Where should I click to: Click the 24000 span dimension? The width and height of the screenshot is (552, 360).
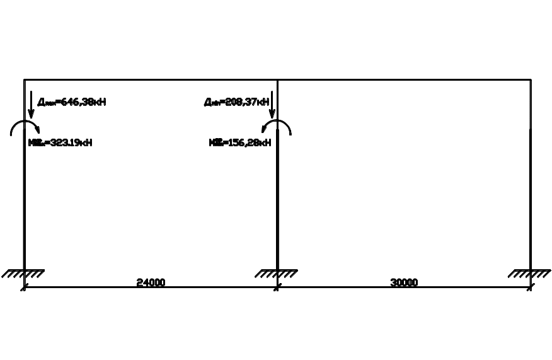(x=151, y=282)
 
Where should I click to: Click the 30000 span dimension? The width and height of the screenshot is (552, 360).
(x=404, y=282)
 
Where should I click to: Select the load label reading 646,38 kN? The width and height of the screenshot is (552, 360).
(x=71, y=102)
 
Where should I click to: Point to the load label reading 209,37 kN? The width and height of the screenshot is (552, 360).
(x=236, y=102)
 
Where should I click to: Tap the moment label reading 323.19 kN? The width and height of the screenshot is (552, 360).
(x=60, y=142)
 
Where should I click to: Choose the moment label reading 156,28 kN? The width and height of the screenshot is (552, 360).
(x=240, y=142)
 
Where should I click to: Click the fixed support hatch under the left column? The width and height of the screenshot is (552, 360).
(x=23, y=274)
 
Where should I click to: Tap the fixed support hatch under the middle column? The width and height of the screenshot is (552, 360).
(x=277, y=274)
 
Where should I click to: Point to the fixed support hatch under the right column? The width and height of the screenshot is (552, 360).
(x=530, y=274)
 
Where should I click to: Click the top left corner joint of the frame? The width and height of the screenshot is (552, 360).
(x=25, y=80)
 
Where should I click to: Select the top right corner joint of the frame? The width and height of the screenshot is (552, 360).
(x=531, y=80)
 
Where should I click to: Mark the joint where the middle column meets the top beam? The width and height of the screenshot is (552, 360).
(x=277, y=80)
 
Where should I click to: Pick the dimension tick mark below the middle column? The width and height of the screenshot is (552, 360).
(x=277, y=287)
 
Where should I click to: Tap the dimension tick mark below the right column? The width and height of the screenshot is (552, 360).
(x=530, y=287)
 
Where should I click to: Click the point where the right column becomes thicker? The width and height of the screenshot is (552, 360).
(x=531, y=129)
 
